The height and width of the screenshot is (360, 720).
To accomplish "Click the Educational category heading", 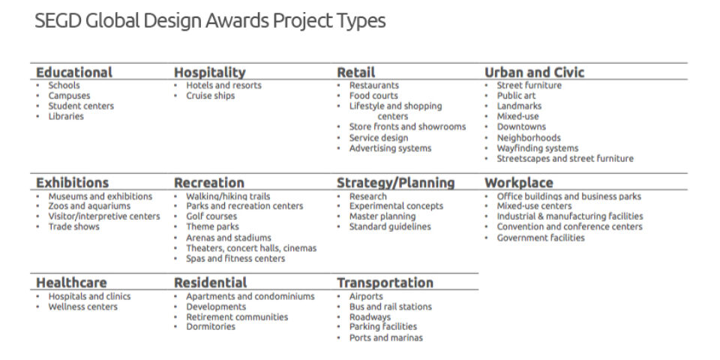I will pos(74,73).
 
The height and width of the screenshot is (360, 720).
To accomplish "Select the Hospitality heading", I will pos(209,73).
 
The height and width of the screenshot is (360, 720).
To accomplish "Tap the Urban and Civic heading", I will pos(534,73).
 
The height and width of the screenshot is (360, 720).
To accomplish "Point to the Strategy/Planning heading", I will pos(395,183).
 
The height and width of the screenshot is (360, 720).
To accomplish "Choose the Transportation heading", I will pos(385,283).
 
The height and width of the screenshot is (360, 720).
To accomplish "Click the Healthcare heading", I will pos(71,283).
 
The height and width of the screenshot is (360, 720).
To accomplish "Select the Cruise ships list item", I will pos(210,96).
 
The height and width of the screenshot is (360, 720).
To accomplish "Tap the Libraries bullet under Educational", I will pos(66,117).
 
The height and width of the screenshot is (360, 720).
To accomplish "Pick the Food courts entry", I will pos(373,96).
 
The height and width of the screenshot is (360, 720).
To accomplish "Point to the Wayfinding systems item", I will pos(537,148).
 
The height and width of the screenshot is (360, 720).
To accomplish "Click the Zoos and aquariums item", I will pos(89,206).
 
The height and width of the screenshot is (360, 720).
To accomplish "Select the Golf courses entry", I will pos(211,217).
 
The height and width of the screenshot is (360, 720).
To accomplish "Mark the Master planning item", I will pos(383,217).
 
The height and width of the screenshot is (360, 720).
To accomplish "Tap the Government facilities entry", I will pos(540,238).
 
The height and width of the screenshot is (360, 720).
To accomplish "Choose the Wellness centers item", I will pos(82,307).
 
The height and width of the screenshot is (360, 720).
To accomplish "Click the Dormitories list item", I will pos(211,327).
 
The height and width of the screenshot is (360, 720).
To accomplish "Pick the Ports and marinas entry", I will pos(385,338).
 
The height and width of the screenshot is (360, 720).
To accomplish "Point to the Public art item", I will pos(516,96).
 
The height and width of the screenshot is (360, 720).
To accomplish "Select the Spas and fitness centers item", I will pos(235,259).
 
